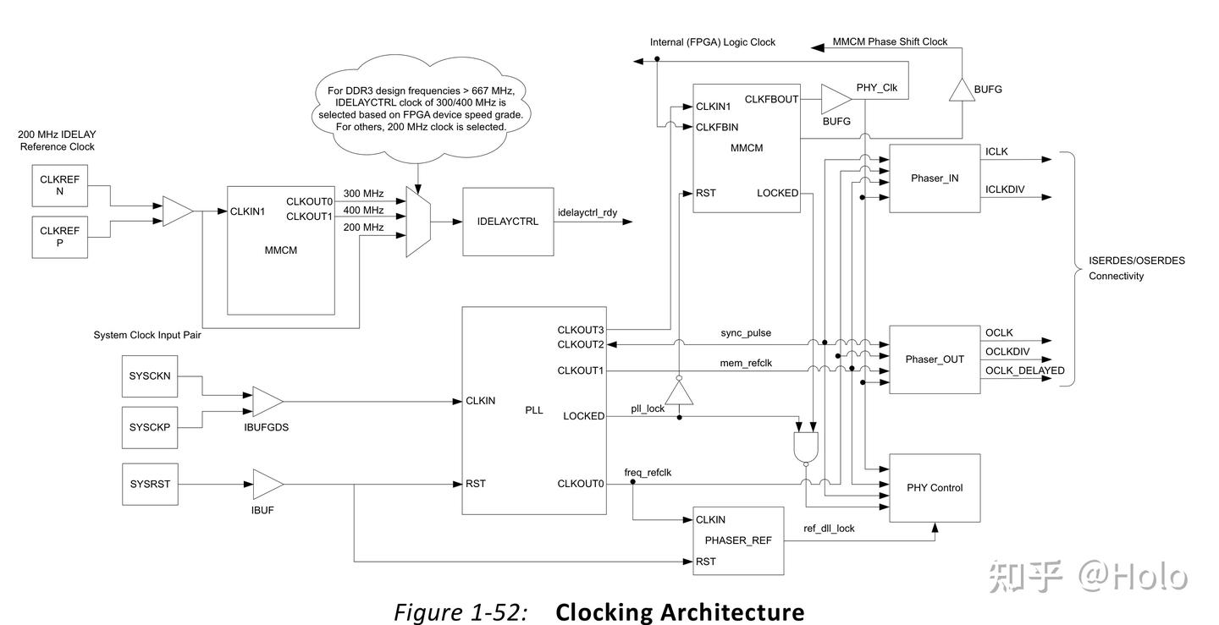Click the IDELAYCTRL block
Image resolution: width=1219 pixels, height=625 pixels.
[508, 222]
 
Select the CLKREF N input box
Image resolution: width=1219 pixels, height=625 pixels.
[59, 185]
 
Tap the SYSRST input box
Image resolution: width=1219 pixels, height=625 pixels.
[150, 484]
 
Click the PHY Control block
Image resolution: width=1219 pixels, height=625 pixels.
[934, 488]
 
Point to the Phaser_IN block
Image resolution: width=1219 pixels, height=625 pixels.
[934, 178]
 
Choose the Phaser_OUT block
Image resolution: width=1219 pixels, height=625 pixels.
[934, 359]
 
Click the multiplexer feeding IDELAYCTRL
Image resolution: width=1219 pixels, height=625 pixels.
[418, 222]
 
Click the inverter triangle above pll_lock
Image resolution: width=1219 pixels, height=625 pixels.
[679, 391]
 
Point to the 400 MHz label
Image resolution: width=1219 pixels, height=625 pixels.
[363, 211]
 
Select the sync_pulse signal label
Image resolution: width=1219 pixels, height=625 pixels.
[746, 332]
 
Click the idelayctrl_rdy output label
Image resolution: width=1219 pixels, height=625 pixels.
[587, 212]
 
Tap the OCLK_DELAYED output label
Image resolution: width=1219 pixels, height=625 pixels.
[1024, 370]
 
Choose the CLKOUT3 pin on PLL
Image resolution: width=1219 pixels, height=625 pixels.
[581, 330]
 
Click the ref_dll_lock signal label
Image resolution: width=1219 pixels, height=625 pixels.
[829, 529]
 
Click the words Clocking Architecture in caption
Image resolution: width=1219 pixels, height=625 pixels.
[680, 611]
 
